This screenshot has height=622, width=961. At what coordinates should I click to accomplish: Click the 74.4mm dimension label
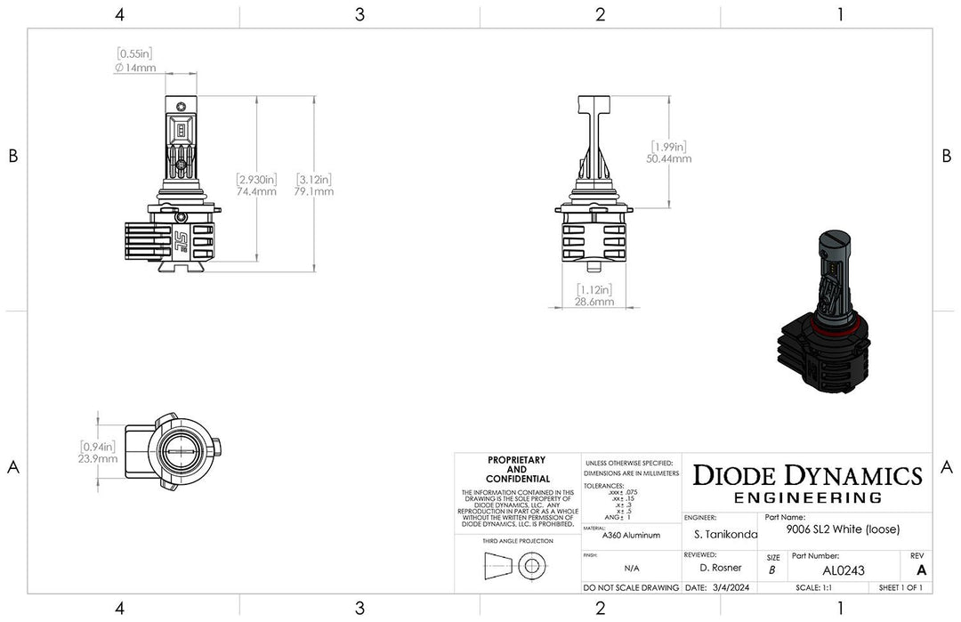click(255, 190)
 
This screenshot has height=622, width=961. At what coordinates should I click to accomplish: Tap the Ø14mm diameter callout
click(135, 68)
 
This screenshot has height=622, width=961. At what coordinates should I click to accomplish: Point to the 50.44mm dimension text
click(670, 158)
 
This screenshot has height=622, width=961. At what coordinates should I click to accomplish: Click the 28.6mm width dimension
click(594, 302)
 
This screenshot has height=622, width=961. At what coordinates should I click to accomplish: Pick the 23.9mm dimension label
click(98, 459)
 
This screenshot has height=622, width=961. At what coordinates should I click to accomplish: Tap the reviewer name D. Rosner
click(720, 568)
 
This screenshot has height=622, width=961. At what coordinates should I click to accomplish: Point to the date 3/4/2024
click(733, 587)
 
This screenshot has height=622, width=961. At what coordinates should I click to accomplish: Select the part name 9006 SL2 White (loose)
click(844, 529)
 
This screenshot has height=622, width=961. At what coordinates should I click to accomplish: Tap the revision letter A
click(920, 570)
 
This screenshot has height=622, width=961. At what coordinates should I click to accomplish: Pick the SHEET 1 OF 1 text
click(900, 587)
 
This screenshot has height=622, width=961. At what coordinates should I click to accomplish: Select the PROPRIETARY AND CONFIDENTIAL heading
click(516, 469)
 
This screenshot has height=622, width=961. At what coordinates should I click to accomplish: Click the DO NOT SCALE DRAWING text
click(631, 587)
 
